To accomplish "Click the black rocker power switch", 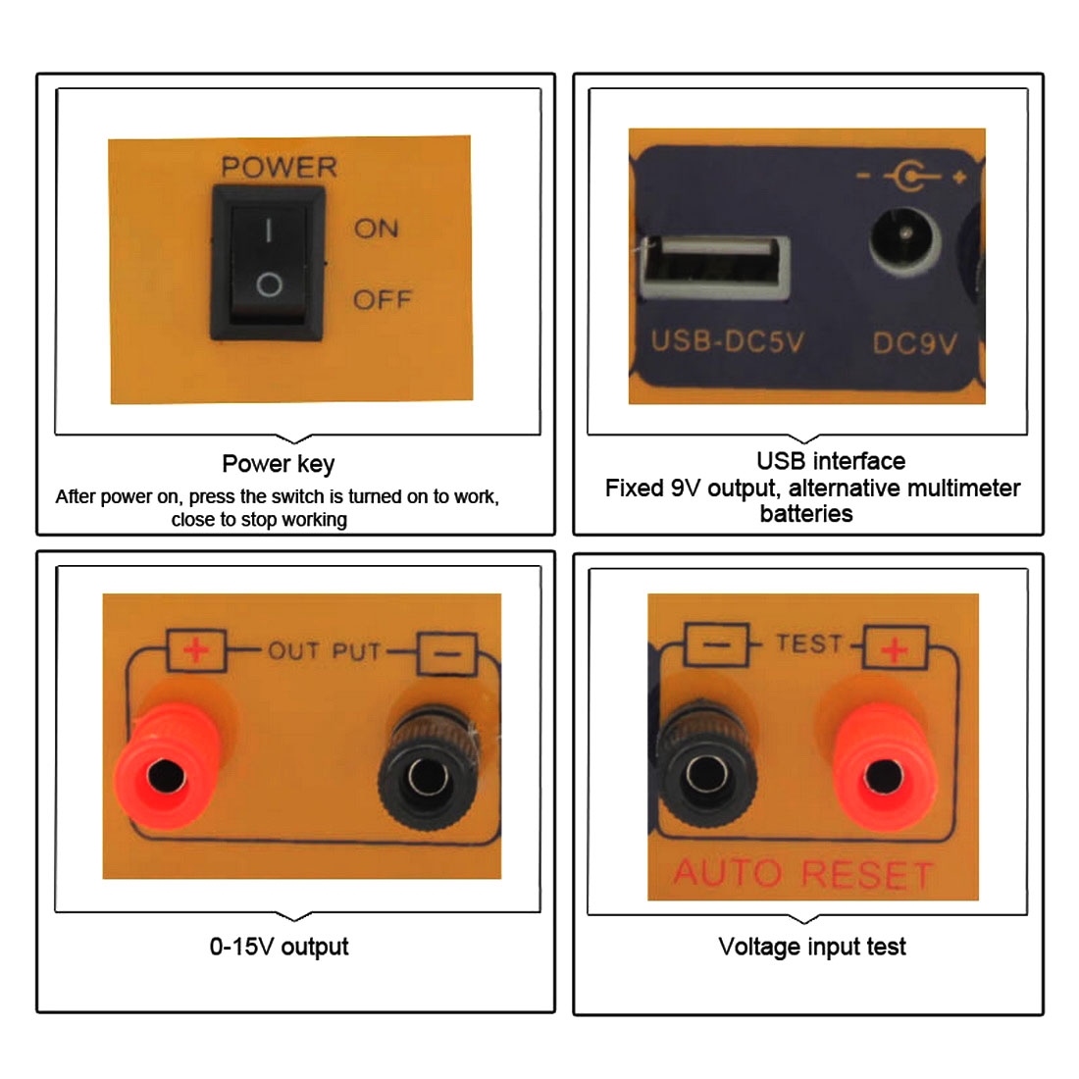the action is (268, 262).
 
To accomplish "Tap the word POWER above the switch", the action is (279, 167).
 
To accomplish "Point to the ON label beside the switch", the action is (376, 229).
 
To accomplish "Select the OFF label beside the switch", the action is (383, 299).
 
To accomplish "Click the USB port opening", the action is (714, 269).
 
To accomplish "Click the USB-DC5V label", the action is (728, 341).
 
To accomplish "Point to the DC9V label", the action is (914, 342).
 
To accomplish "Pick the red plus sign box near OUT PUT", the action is (196, 649).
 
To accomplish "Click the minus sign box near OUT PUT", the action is (447, 653).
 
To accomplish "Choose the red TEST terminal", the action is (884, 767).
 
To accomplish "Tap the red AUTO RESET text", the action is (803, 874).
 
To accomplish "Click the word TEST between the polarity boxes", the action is (808, 643).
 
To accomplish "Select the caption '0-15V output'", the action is (279, 947).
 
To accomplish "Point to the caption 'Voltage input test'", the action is (812, 947).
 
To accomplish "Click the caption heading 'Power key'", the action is (278, 465).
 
